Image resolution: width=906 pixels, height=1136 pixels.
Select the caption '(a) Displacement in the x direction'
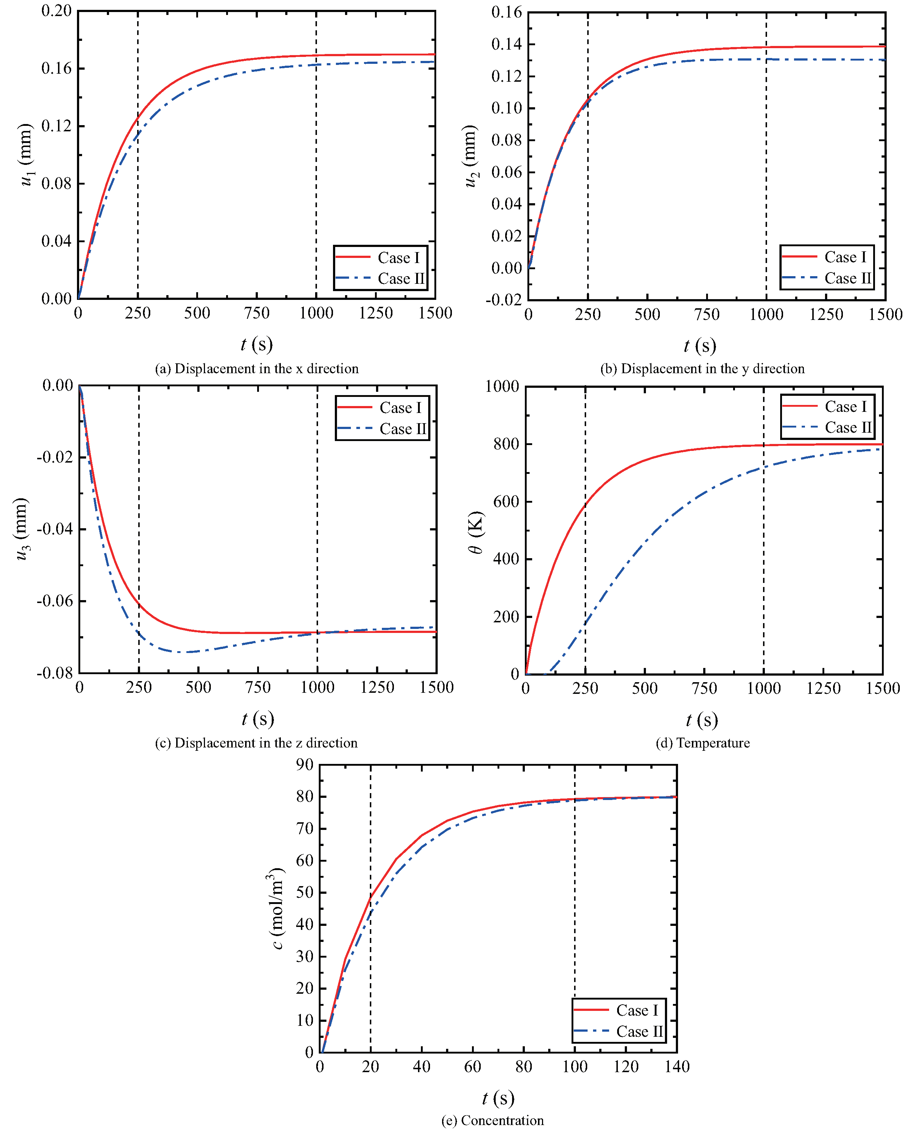coord(256,368)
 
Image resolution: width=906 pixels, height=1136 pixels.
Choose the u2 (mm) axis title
coord(471,156)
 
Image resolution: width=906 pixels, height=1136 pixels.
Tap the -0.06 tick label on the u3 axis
coord(54,601)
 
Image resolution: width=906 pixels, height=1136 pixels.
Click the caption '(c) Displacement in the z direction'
coord(256,742)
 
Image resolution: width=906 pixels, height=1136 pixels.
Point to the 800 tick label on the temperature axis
coord(506,444)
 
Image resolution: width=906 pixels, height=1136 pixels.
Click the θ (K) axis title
coord(475,532)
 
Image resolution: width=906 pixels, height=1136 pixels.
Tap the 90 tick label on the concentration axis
coord(305,765)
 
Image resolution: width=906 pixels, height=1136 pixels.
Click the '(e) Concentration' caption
coord(492,1120)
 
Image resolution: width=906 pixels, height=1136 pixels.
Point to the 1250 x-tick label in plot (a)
coord(376,313)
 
